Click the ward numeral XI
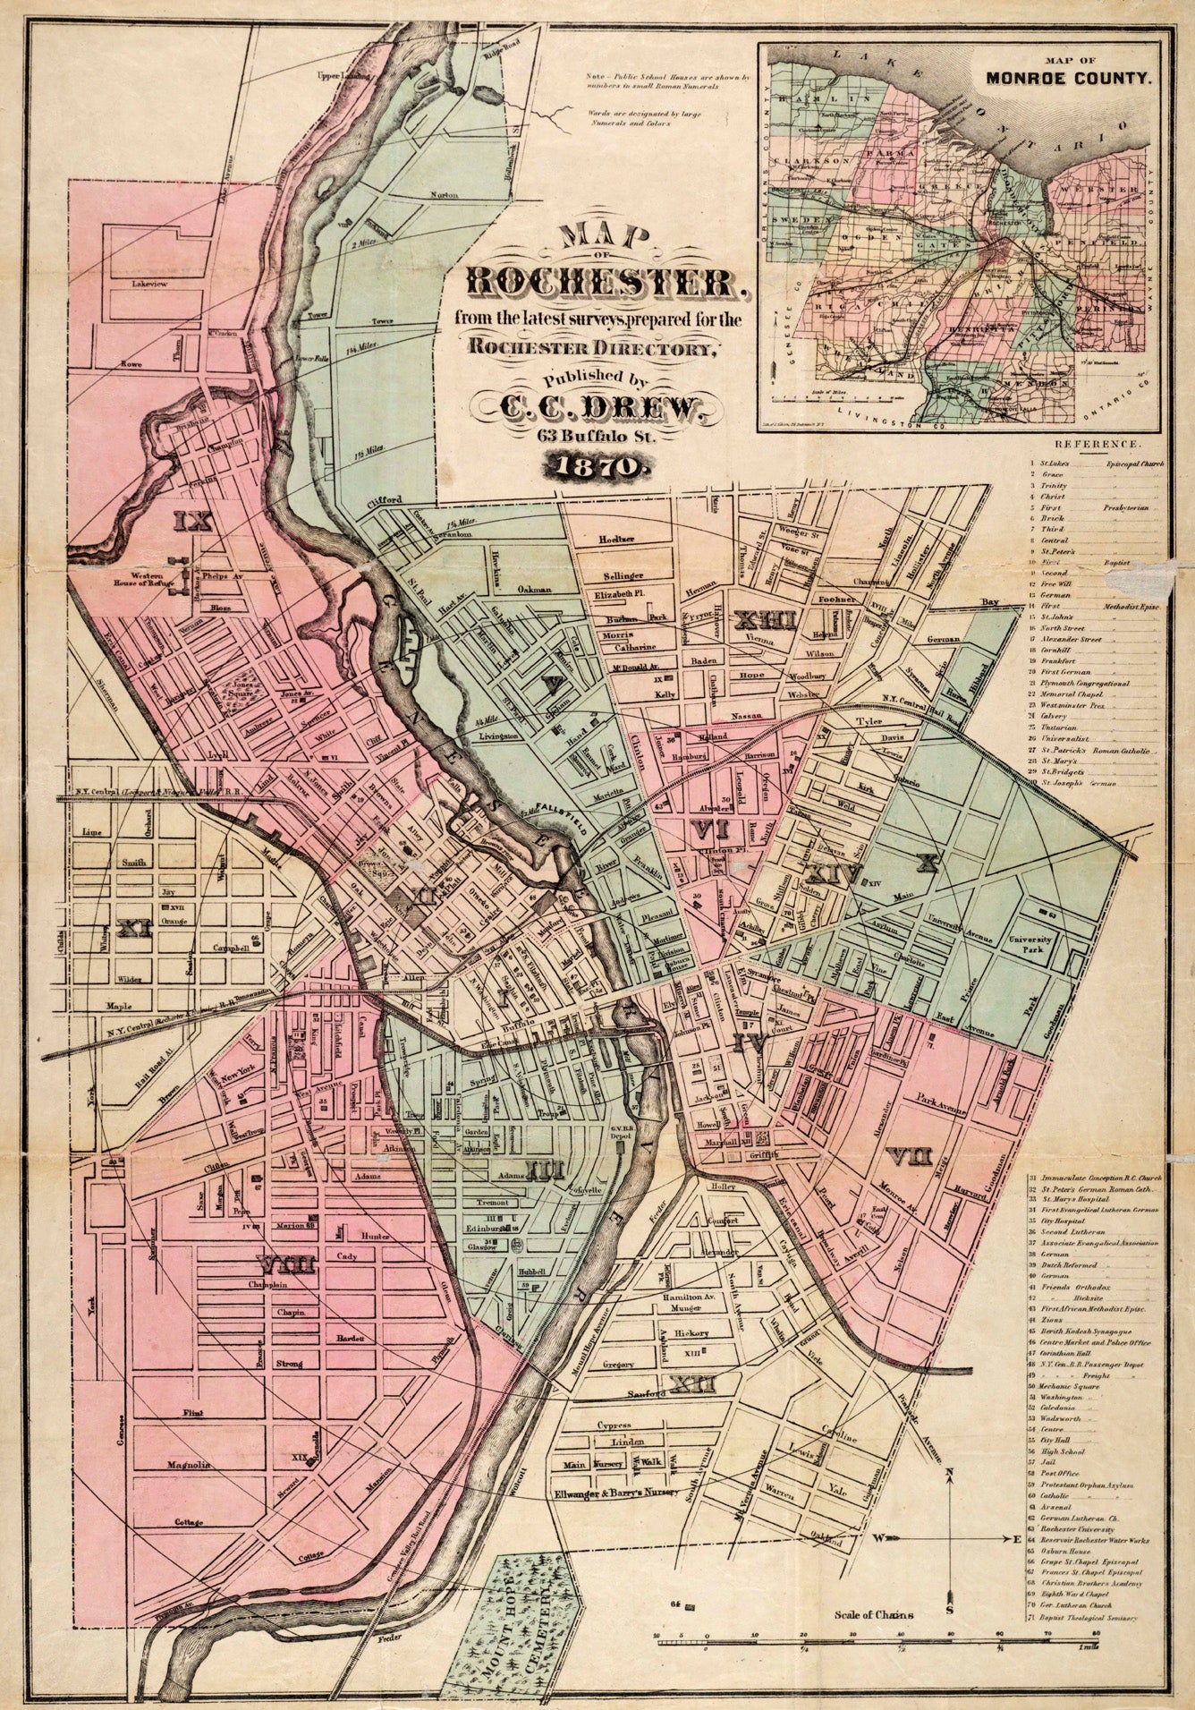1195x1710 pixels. (133, 930)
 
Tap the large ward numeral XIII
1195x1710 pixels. (765, 618)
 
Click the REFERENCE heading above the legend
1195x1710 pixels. (1097, 444)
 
